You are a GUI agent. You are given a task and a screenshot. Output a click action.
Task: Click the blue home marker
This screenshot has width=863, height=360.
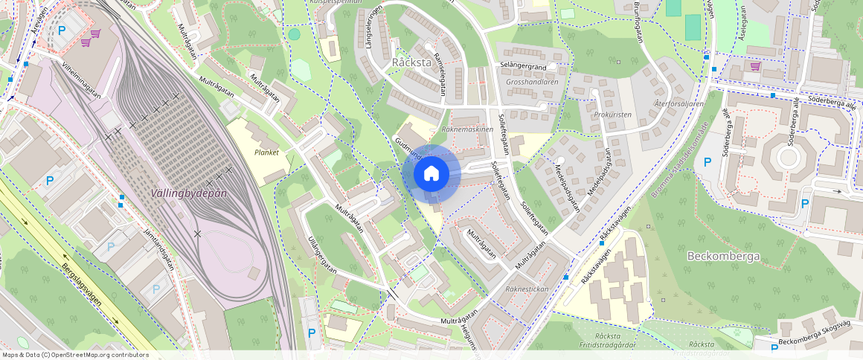tap(431, 174)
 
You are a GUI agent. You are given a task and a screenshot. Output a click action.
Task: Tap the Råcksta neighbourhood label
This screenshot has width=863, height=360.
tap(411, 62)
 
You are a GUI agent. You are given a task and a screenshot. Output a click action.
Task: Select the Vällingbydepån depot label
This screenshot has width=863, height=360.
tap(189, 193)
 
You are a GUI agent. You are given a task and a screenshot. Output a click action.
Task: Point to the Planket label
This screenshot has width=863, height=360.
tap(266, 152)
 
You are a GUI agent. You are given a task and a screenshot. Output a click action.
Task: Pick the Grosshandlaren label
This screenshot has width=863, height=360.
tap(532, 82)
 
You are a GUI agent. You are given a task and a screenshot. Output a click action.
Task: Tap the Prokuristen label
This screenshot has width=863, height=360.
tap(613, 115)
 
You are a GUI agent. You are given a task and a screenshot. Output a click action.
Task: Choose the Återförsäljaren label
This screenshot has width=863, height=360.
tap(679, 104)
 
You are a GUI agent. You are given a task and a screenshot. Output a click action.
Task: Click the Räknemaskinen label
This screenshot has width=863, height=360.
tap(467, 129)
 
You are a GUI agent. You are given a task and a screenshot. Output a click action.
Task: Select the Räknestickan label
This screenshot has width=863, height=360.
tap(527, 288)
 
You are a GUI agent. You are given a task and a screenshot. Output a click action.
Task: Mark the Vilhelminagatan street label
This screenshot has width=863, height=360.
tap(82, 78)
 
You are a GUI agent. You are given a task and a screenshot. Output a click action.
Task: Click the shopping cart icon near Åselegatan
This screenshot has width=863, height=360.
tap(755, 66)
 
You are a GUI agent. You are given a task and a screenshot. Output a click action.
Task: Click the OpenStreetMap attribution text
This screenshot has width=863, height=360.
tap(74, 355)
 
